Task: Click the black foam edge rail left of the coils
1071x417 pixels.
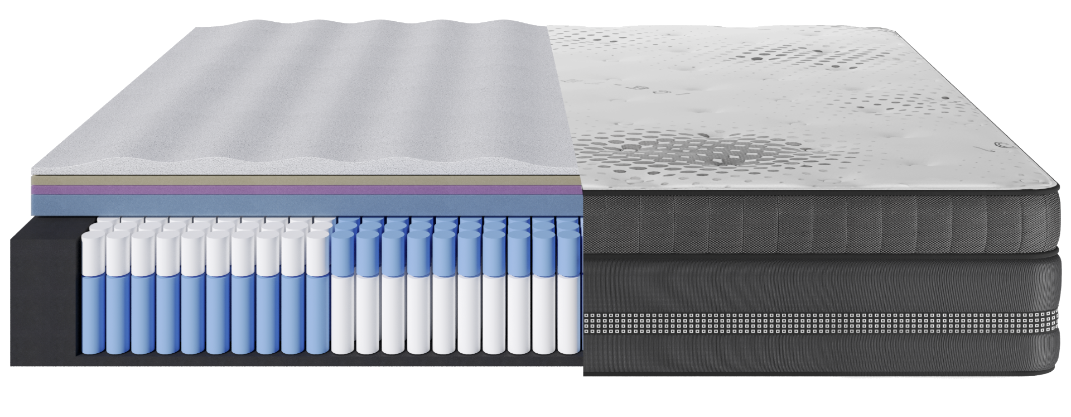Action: click(45, 290)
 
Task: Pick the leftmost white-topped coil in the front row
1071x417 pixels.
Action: click(93, 251)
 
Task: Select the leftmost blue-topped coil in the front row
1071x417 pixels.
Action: click(344, 251)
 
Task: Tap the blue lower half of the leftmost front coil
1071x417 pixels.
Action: click(93, 313)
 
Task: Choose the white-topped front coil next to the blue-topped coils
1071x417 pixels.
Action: click(318, 251)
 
